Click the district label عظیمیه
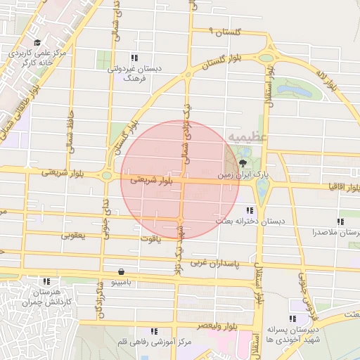click(x=240, y=135)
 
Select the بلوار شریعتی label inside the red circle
click(x=150, y=181)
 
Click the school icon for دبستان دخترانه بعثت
click(x=250, y=210)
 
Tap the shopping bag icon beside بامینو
click(x=122, y=271)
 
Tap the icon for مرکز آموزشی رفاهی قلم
click(x=153, y=331)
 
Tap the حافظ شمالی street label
click(x=70, y=127)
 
